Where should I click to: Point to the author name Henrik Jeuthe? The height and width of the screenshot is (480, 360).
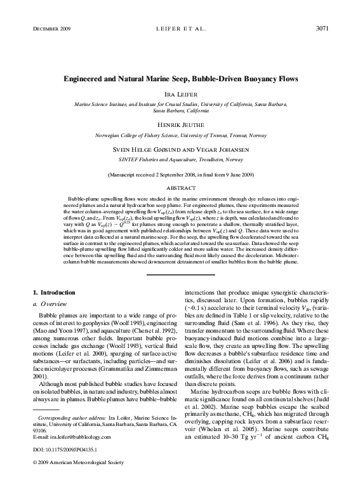[x=180, y=124]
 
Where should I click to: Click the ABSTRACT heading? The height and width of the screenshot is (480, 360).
[x=180, y=189]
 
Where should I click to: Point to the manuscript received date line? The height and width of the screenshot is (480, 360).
[x=180, y=174]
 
